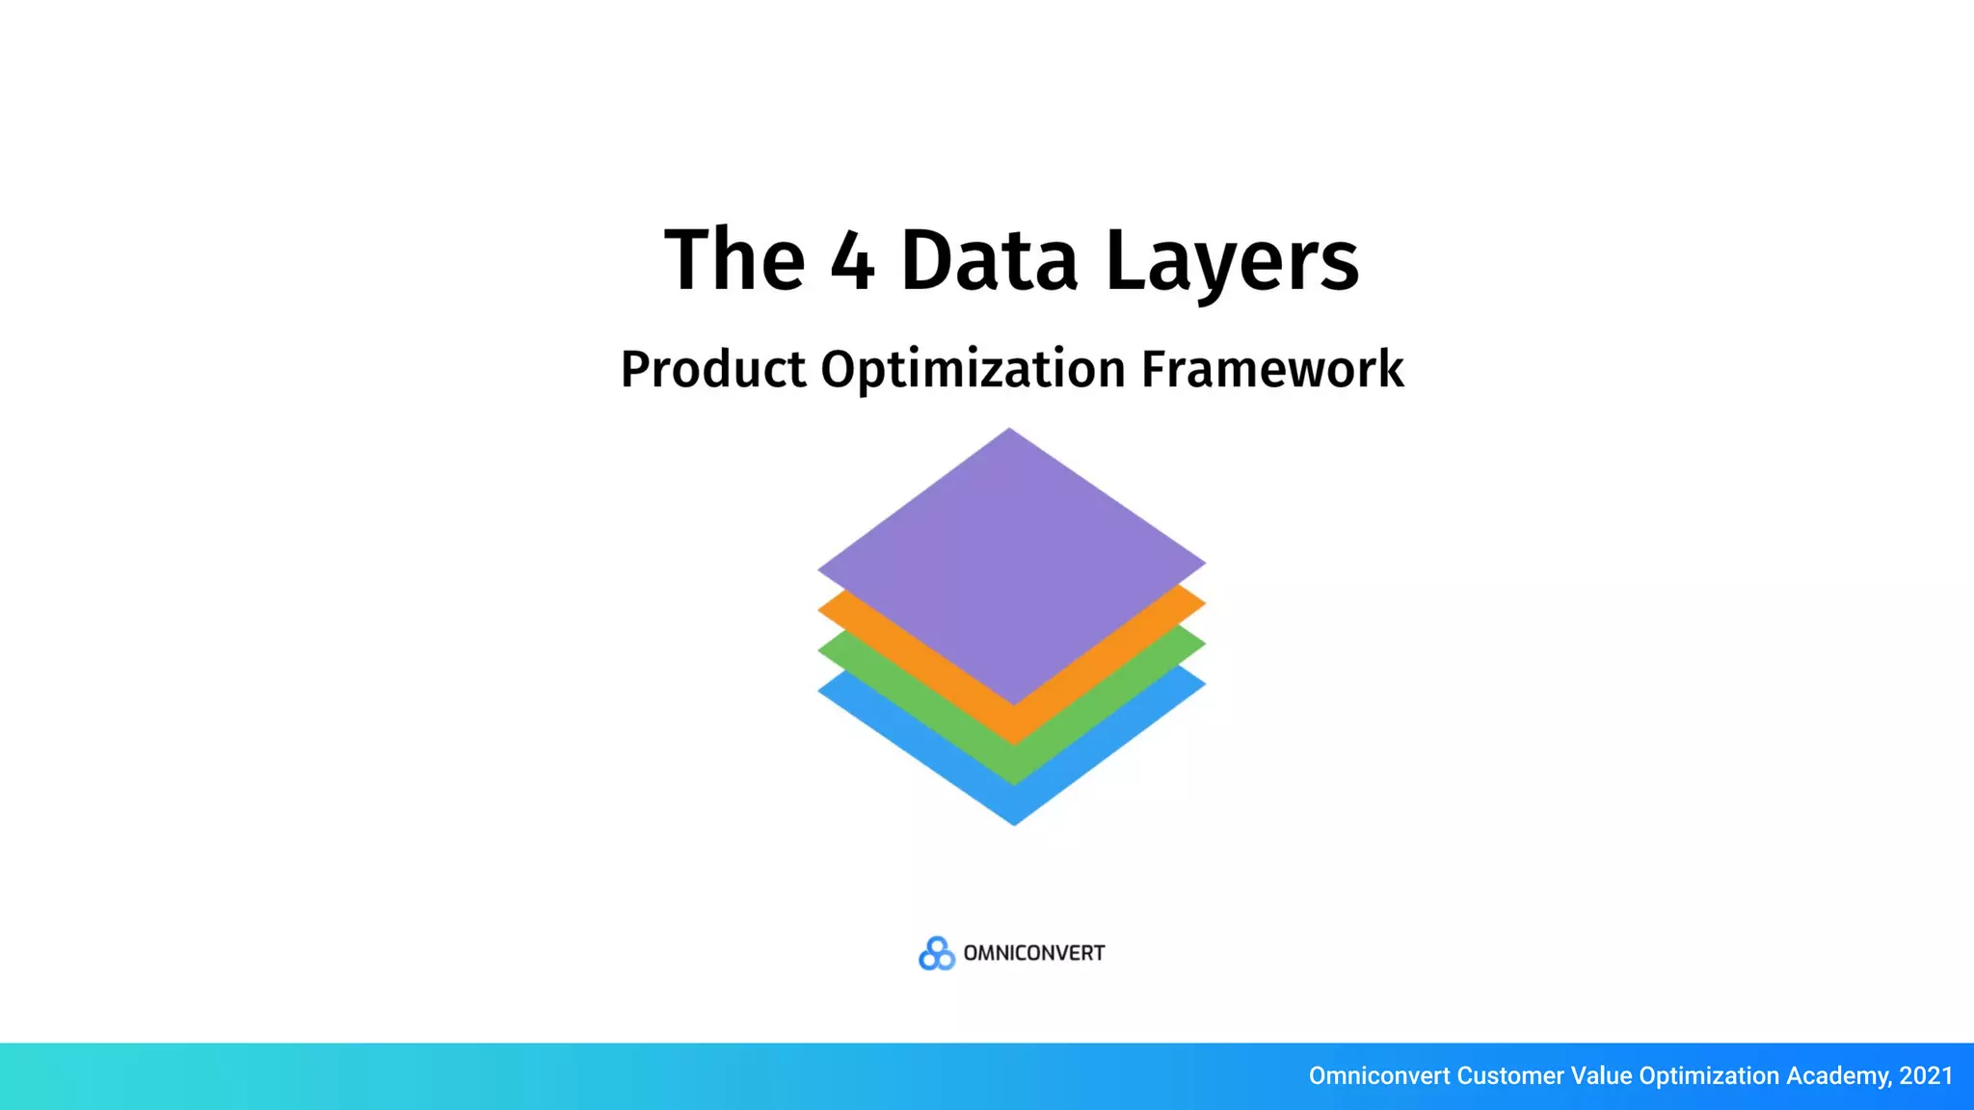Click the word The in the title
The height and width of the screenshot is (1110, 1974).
(734, 260)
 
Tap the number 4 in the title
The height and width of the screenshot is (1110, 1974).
(852, 260)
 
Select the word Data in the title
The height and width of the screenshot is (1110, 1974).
(989, 260)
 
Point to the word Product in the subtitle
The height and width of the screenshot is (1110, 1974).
(713, 369)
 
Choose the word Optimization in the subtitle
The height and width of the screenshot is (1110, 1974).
(973, 369)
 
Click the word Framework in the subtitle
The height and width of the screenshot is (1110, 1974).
(1272, 369)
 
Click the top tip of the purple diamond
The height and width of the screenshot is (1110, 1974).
(1009, 433)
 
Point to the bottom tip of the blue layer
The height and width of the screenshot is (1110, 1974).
(1014, 822)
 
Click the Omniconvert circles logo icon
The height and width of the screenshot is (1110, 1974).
(936, 953)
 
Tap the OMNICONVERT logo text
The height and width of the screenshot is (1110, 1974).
(1034, 953)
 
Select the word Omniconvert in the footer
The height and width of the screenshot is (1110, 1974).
(1378, 1075)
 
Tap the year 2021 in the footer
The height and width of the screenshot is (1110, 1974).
(1926, 1075)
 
